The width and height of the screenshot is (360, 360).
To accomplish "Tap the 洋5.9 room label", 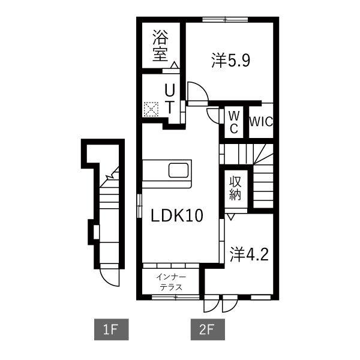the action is click(230, 60).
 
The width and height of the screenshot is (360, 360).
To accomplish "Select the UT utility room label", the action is click(170, 99).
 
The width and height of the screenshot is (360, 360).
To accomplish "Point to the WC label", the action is click(234, 122).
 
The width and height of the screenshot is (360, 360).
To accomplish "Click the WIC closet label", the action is click(261, 122).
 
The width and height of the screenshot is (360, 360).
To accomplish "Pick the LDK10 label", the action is click(177, 215).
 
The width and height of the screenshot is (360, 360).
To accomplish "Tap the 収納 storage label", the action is click(235, 188).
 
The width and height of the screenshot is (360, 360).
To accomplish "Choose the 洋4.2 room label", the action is click(249, 254).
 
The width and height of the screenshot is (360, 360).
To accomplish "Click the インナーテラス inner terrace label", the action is click(171, 282).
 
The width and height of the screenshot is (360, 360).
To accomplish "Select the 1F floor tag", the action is click(112, 329).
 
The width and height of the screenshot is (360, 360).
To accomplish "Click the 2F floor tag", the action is click(208, 329).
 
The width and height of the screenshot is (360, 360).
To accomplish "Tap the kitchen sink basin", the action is click(179, 170).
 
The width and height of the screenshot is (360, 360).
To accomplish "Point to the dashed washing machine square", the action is click(151, 109).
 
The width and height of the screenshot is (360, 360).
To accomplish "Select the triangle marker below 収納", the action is click(231, 217).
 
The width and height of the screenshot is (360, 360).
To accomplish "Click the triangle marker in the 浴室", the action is click(174, 65).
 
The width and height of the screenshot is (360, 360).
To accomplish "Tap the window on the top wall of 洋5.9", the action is click(225, 20).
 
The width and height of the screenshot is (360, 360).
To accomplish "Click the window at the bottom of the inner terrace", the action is click(176, 298).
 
